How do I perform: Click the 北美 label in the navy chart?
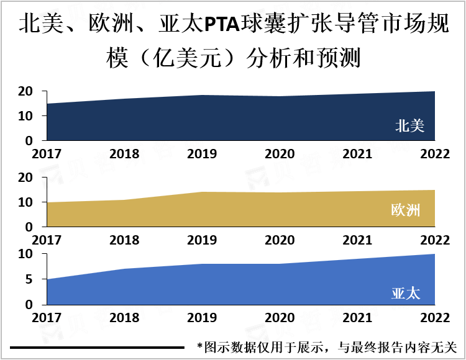(x=409, y=126)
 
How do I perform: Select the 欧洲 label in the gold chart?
(x=406, y=210)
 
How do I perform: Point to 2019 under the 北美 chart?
(x=202, y=154)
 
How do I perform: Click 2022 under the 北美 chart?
(x=434, y=154)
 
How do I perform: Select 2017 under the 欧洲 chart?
(x=47, y=240)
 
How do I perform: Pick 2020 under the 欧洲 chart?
(x=280, y=240)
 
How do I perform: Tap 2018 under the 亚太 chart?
(x=124, y=318)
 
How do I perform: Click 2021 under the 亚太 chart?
(x=357, y=318)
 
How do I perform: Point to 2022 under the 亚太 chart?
(x=434, y=318)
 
